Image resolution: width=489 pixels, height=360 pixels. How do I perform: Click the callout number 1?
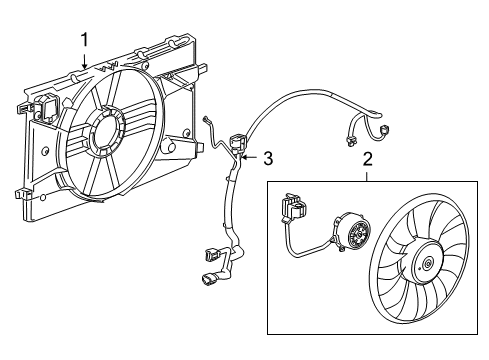pos(85,39)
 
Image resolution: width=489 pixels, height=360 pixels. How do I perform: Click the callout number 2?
pos(367,158)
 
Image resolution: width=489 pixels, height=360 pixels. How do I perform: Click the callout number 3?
pos(267,157)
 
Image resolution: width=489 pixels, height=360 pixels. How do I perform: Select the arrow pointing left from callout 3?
pos(249,157)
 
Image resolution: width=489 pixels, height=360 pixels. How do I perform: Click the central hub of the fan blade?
pos(427,265)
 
